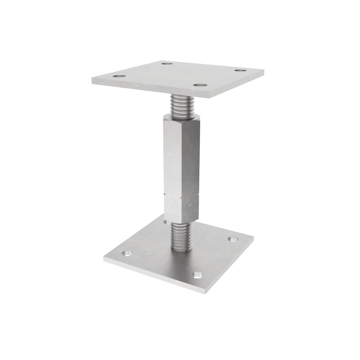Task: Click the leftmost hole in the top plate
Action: point(119,76)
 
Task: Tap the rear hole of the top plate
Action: point(167,64)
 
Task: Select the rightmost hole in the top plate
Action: point(240,70)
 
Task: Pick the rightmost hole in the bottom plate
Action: point(233,239)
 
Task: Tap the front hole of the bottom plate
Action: point(197,275)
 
